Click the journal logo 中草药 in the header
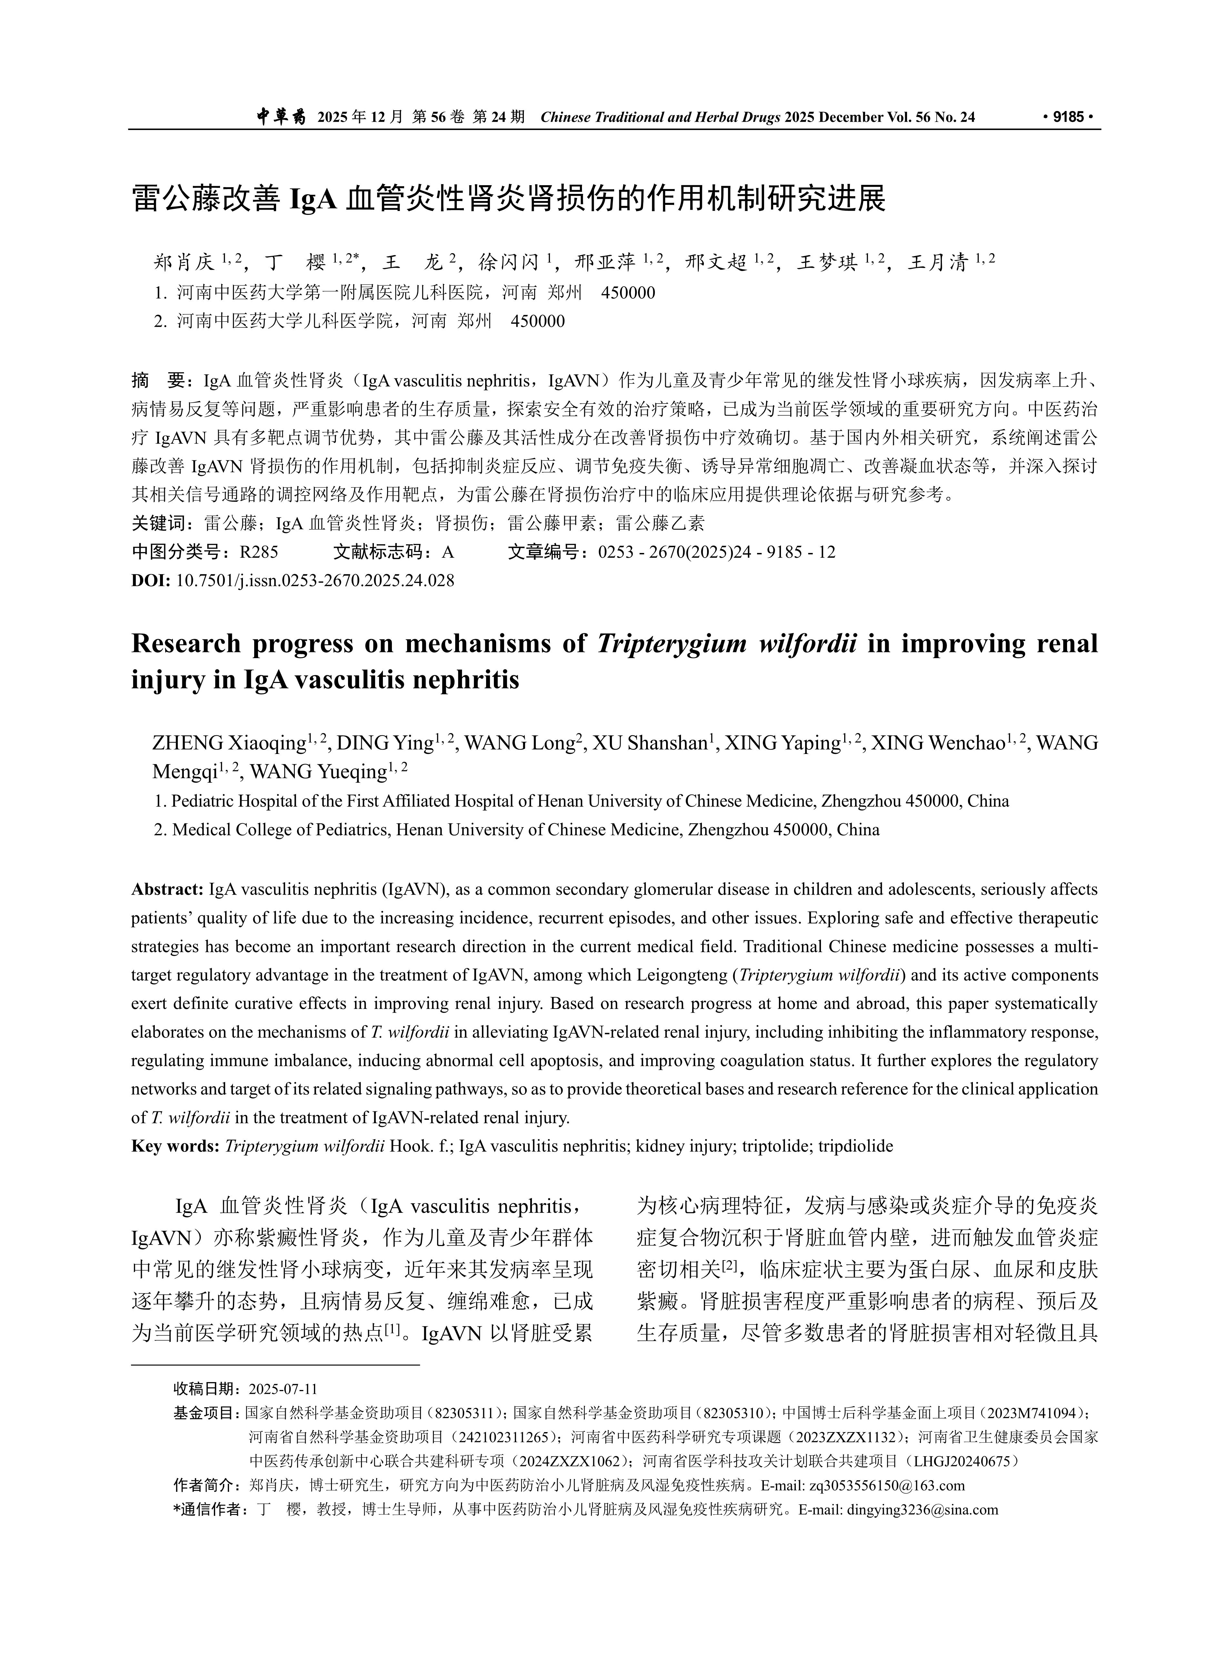(281, 117)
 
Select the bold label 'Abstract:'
(167, 890)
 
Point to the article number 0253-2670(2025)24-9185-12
(716, 552)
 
